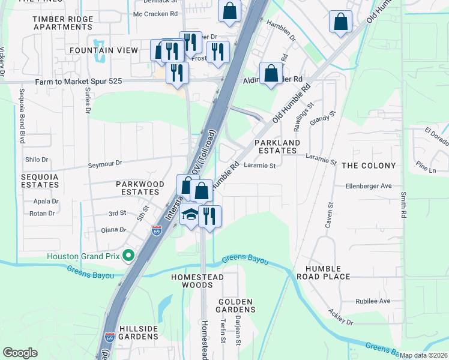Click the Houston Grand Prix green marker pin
tap(128, 256)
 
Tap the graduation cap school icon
tap(190, 215)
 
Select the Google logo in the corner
tap(20, 353)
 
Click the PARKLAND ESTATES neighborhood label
tap(277, 146)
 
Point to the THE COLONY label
tap(369, 166)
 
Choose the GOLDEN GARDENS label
tap(237, 305)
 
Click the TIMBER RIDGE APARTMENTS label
tap(62, 23)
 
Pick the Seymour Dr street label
tap(105, 163)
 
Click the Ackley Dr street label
tap(340, 318)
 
